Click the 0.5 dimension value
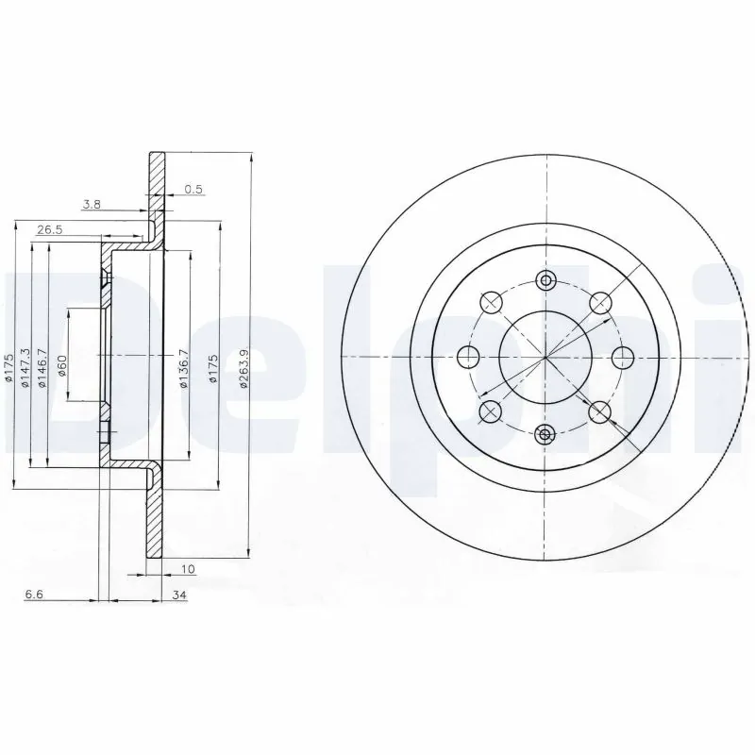193,189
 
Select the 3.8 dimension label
92,205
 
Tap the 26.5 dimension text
50,228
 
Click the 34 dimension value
179,596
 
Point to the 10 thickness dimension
189,568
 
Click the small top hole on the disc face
545,279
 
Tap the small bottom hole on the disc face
545,434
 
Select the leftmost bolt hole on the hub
467,357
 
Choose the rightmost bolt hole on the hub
622,357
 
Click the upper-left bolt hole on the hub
490,302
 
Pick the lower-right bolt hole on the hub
599,411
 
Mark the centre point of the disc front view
545,357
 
